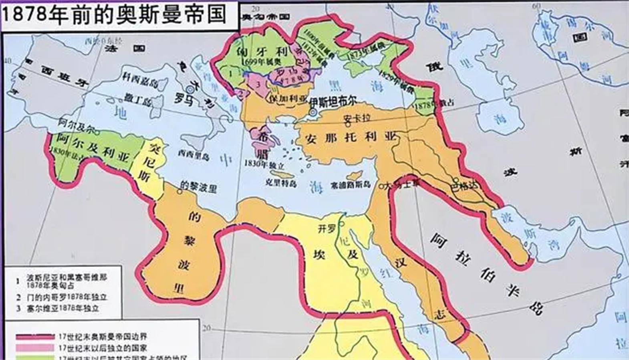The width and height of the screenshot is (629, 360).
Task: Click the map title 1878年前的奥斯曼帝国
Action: coord(115,14)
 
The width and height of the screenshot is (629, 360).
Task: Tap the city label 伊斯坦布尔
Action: coord(333,101)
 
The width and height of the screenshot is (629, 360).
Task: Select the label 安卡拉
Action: coord(357,119)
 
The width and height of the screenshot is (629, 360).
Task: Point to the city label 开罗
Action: coord(326,229)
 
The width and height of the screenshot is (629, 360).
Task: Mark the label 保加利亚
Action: coord(288,99)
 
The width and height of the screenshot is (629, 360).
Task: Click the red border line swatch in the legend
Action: coord(35,336)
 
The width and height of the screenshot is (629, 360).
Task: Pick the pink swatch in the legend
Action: coord(35,348)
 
